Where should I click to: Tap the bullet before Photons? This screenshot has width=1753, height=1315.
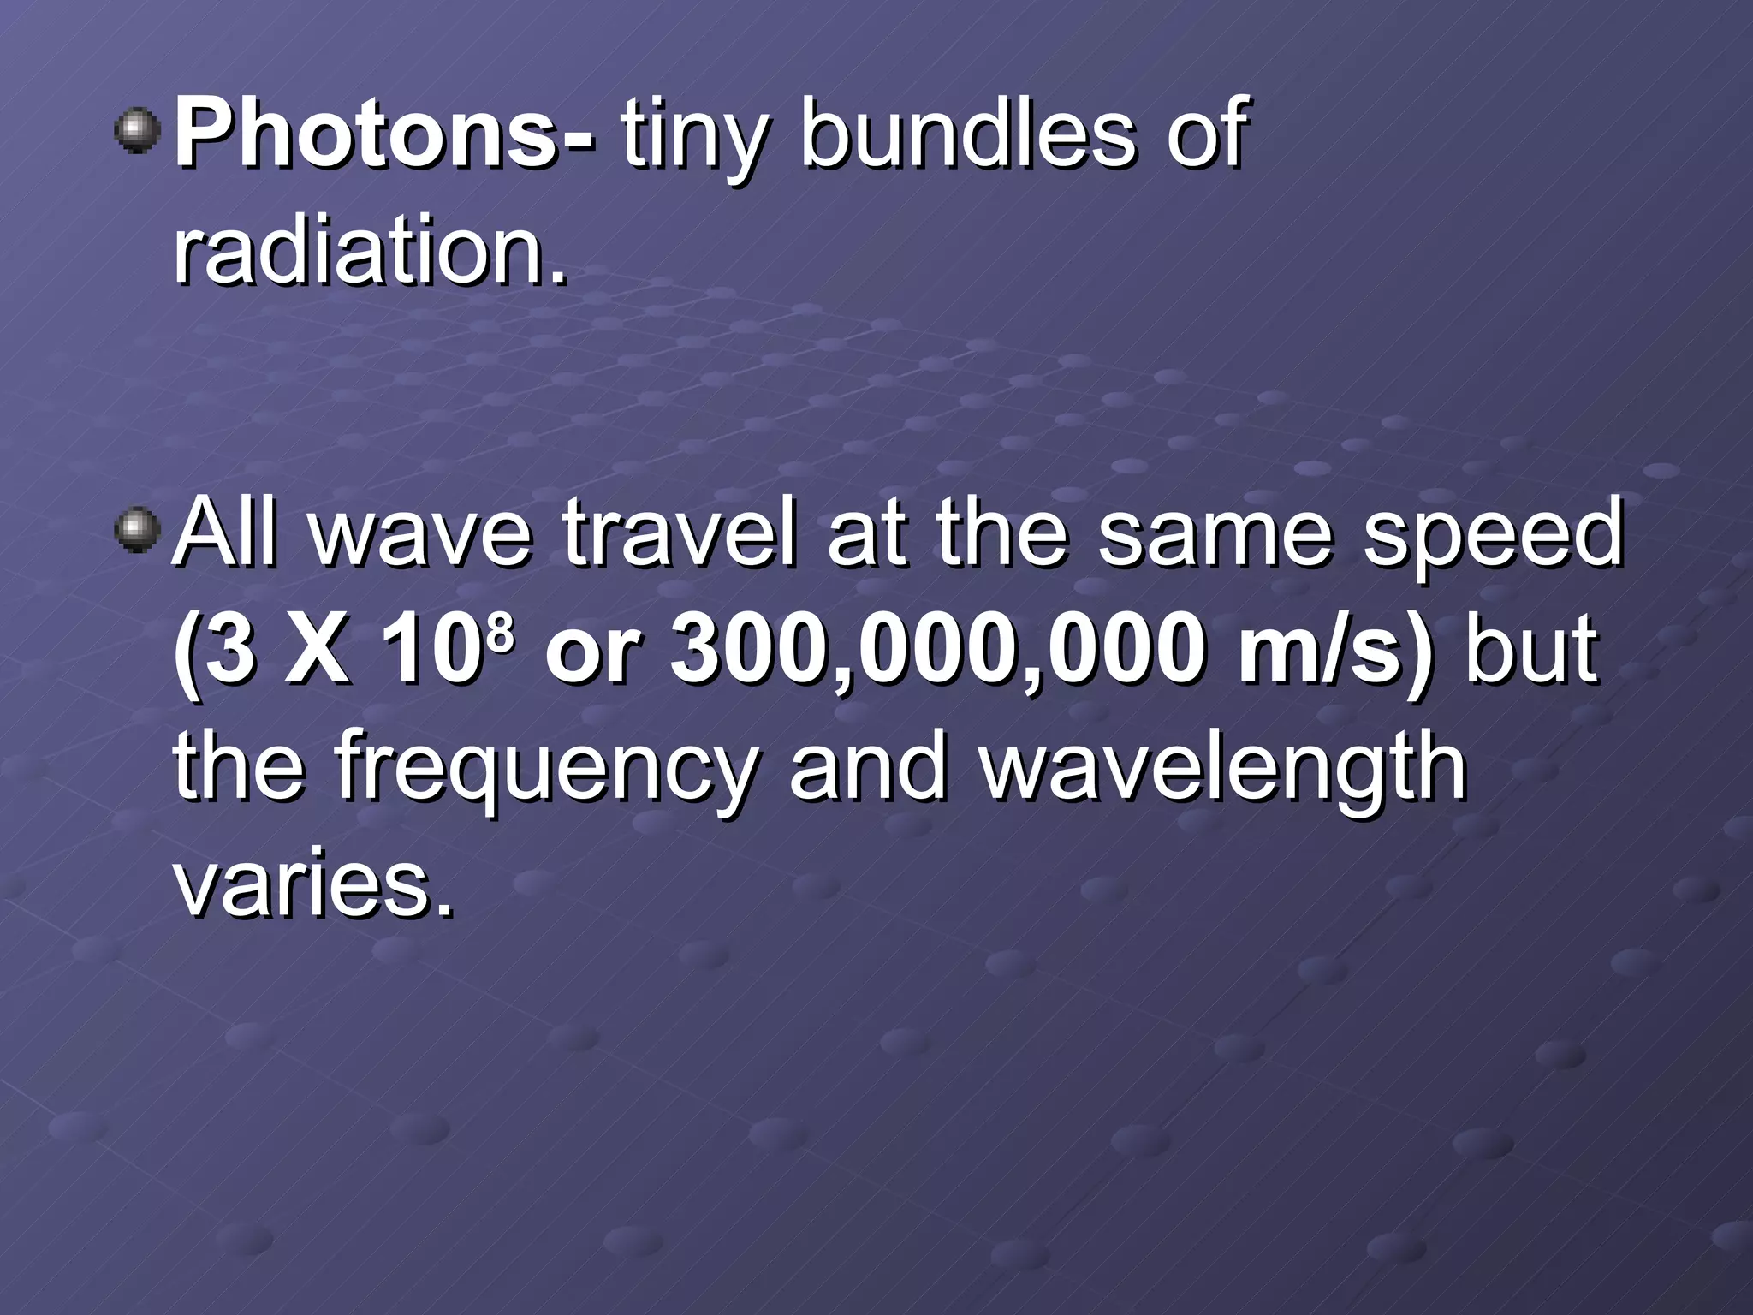tap(137, 132)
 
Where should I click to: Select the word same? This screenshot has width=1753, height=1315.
tap(1215, 532)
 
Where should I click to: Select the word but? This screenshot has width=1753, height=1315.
tap(1531, 651)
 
